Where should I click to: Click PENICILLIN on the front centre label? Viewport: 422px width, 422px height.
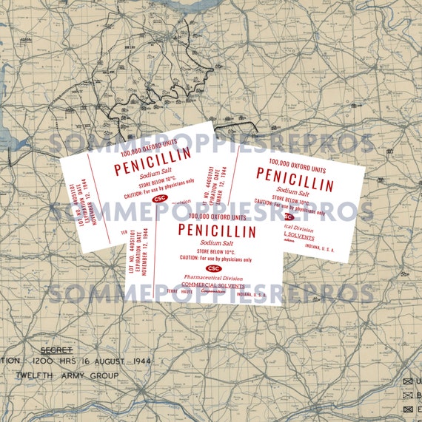(x=217, y=231)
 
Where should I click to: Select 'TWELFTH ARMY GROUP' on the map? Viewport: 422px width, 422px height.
(x=67, y=375)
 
